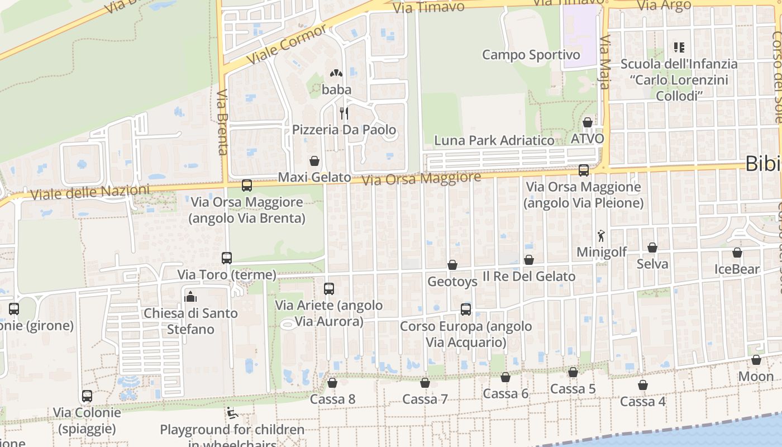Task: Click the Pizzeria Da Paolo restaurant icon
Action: (344, 113)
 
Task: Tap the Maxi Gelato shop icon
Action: (314, 161)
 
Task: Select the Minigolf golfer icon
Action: (601, 236)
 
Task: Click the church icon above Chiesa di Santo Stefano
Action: (190, 296)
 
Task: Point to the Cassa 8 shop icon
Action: (332, 383)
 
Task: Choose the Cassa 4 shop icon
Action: (643, 385)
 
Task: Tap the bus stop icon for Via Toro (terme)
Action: (227, 258)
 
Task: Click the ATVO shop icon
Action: (588, 122)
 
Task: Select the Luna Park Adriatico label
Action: (494, 140)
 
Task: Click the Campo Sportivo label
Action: (531, 55)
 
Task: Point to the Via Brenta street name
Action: (223, 122)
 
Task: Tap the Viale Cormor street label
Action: (286, 44)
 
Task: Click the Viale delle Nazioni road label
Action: (90, 193)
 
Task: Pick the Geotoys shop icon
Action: (452, 265)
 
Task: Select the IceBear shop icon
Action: (737, 253)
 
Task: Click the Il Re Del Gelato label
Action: (528, 276)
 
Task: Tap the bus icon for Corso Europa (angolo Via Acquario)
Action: (466, 309)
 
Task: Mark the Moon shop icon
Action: (756, 360)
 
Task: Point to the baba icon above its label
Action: (336, 73)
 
